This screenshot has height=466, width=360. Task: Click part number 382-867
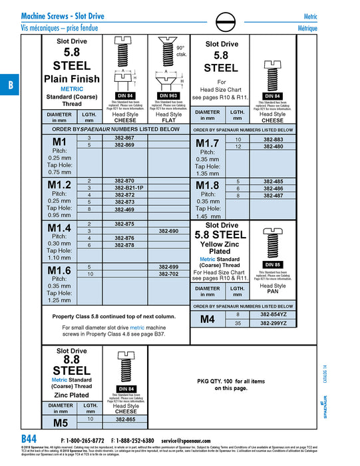[x=124, y=137]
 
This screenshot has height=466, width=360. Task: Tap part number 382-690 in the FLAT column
[x=168, y=231]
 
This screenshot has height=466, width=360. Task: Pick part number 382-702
[x=168, y=274]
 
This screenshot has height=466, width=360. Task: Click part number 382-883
[x=273, y=139]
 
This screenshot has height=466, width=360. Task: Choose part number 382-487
[x=273, y=196]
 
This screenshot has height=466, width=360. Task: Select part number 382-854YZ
[x=273, y=314]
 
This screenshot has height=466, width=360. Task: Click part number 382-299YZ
[x=273, y=323]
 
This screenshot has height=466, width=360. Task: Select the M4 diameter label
[x=208, y=319]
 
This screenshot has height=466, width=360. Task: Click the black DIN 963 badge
[x=168, y=95]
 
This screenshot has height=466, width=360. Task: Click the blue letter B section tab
[x=10, y=85]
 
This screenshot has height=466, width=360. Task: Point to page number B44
[x=29, y=439]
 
